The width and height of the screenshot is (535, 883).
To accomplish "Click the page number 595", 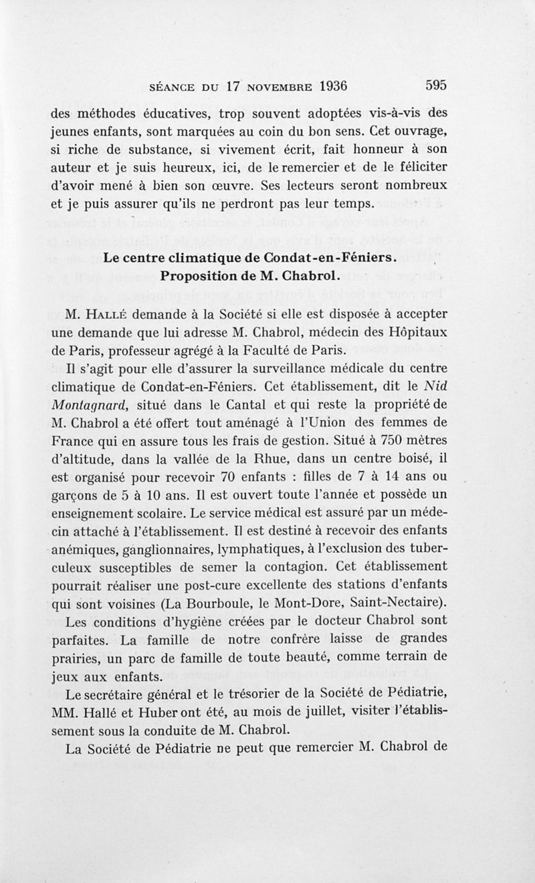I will click(435, 86).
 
